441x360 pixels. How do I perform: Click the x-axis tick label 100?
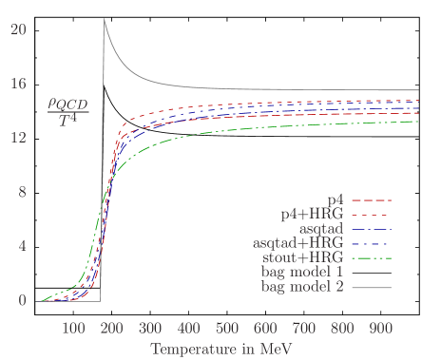pyautogui.click(x=73, y=329)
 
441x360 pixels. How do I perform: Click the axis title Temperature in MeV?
pyautogui.click(x=220, y=350)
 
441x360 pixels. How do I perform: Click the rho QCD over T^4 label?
pyautogui.click(x=66, y=116)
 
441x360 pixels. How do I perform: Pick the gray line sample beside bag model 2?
pyautogui.click(x=372, y=286)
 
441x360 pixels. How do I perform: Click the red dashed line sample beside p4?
pyautogui.click(x=372, y=200)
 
